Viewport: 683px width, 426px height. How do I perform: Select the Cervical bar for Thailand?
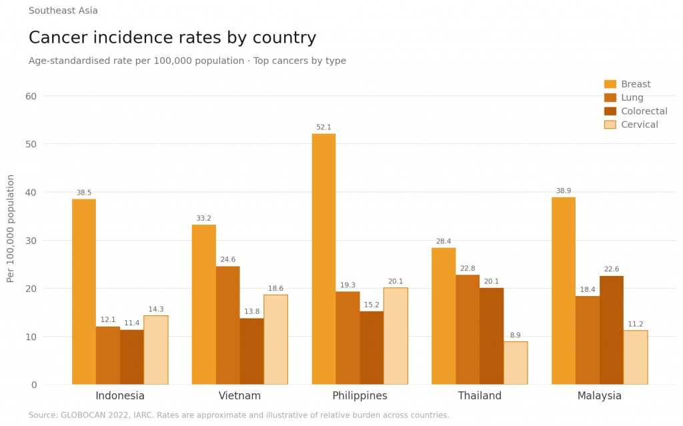point(516,363)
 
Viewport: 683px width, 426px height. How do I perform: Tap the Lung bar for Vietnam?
point(227,325)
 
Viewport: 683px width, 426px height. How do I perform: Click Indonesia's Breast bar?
point(84,291)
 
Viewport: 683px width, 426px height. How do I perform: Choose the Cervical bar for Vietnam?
point(275,339)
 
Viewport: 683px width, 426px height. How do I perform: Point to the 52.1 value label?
point(323,127)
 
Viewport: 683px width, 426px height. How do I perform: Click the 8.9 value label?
point(516,335)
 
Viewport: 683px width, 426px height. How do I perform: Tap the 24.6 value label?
point(227,260)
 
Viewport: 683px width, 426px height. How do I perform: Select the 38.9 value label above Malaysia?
point(564,191)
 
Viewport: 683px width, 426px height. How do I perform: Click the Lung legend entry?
point(632,98)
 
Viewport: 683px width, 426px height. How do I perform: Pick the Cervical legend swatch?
point(610,125)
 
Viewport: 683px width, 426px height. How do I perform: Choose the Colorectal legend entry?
point(644,111)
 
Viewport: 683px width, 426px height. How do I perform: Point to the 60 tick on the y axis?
point(31,96)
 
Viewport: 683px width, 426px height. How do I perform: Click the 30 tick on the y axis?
point(31,240)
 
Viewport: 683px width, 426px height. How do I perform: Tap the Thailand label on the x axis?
point(480,396)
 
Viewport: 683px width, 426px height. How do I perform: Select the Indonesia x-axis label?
point(120,396)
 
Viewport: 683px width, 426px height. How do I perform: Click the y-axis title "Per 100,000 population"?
point(11,228)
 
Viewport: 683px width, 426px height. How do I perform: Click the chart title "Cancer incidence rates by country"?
point(172,38)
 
